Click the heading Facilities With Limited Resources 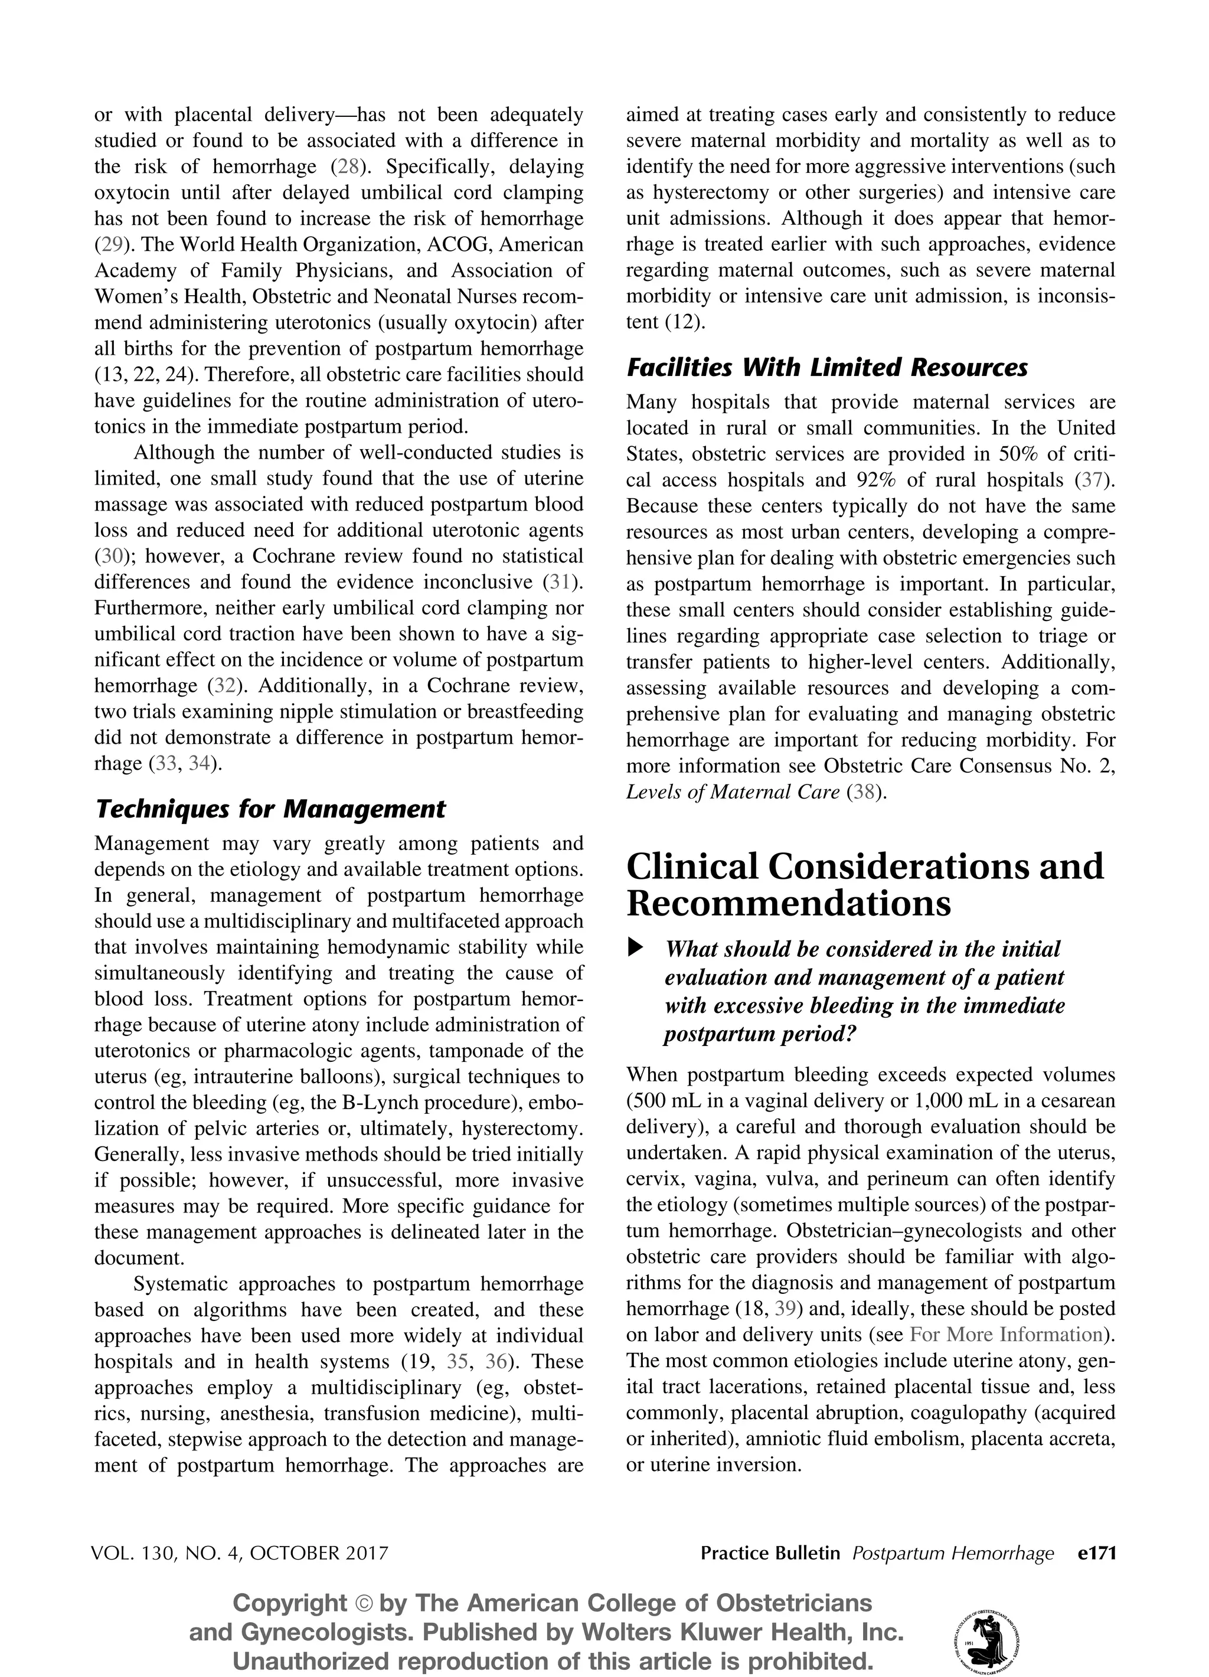tap(826, 368)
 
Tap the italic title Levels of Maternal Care tap(733, 792)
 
